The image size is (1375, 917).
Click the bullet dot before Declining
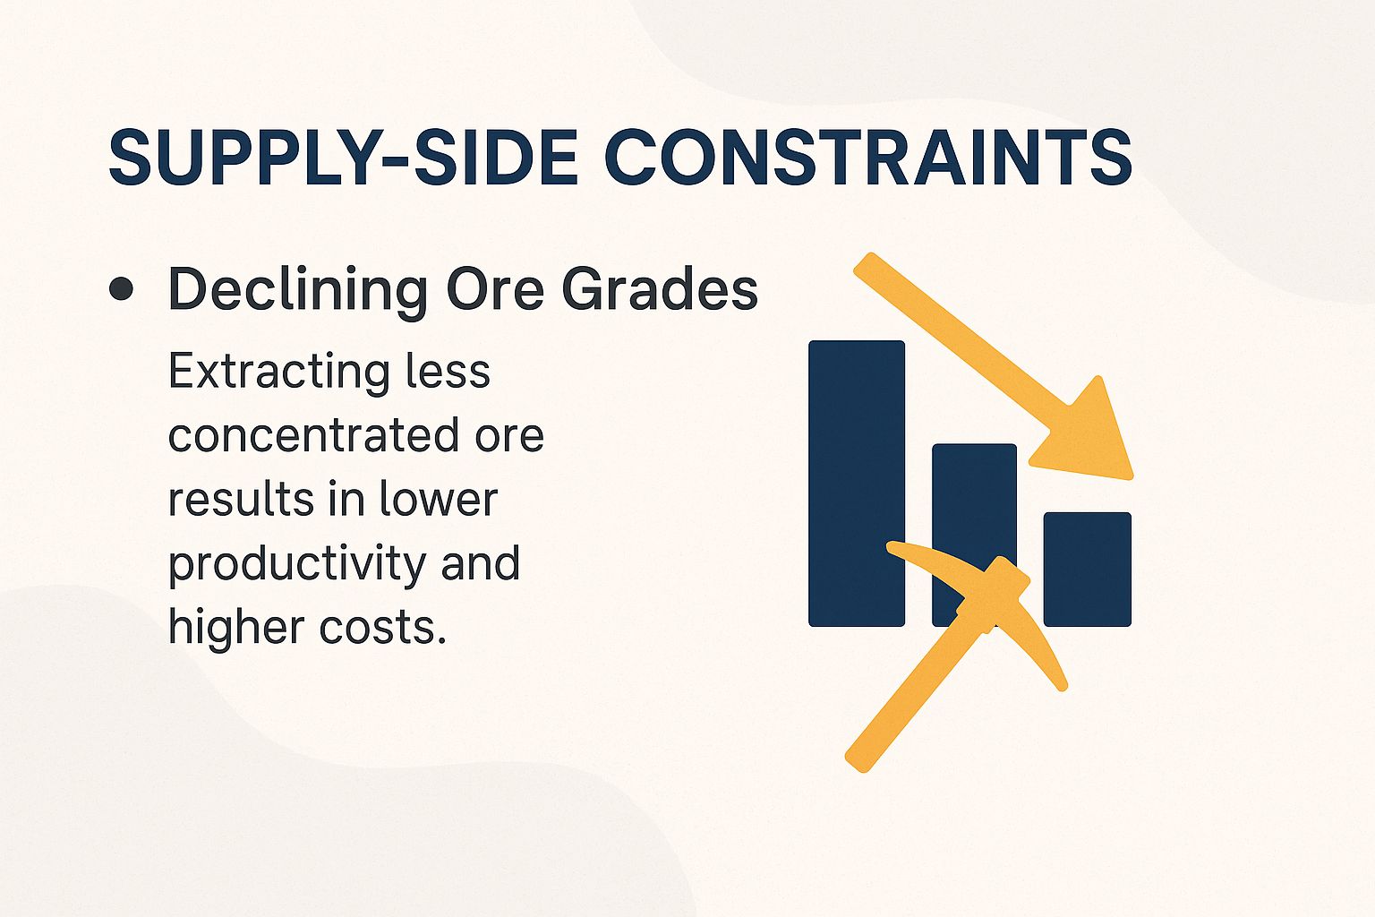point(121,289)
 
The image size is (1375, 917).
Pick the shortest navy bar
point(1088,569)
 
